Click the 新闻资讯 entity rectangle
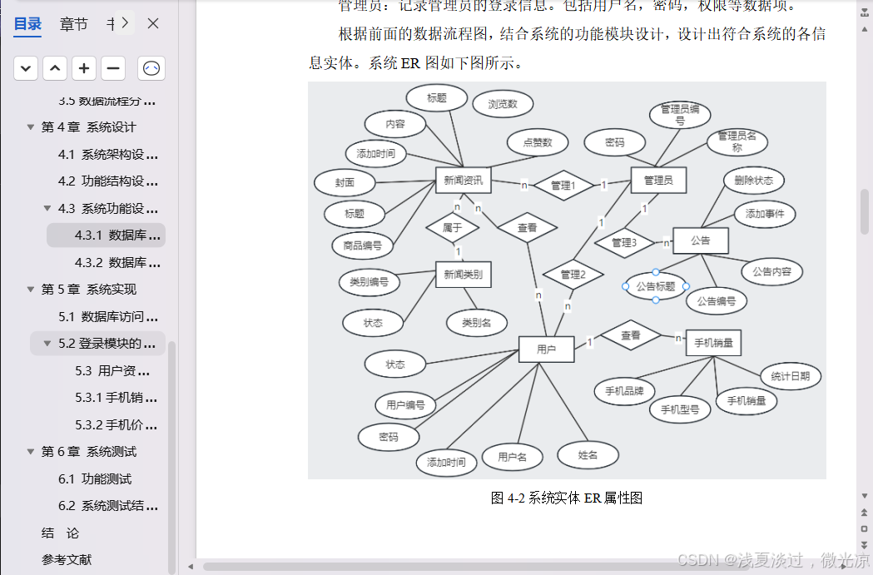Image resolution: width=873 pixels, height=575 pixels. click(464, 181)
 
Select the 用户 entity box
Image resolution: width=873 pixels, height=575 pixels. click(546, 349)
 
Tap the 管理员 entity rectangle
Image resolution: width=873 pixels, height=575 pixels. click(657, 180)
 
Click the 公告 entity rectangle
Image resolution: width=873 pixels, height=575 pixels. click(700, 240)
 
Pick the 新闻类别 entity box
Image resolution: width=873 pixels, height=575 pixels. click(464, 275)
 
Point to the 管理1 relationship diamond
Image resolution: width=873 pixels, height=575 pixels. click(563, 185)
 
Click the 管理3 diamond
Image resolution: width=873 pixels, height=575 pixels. click(624, 243)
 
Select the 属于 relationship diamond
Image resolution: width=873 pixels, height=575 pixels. click(453, 227)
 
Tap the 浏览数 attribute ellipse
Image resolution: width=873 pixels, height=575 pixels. click(503, 104)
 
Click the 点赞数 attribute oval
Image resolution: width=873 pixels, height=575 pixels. click(537, 142)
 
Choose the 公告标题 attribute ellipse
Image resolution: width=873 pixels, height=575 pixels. click(656, 286)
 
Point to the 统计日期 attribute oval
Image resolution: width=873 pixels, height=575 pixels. click(790, 376)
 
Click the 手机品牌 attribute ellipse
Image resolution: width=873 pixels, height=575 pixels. click(624, 390)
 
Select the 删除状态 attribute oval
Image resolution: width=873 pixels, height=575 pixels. click(753, 180)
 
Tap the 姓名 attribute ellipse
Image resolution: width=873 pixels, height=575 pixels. click(588, 454)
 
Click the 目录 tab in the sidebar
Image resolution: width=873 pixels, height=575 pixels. click(27, 24)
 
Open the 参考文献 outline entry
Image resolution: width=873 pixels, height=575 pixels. click(67, 560)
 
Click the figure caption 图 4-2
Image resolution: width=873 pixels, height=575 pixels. click(566, 498)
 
